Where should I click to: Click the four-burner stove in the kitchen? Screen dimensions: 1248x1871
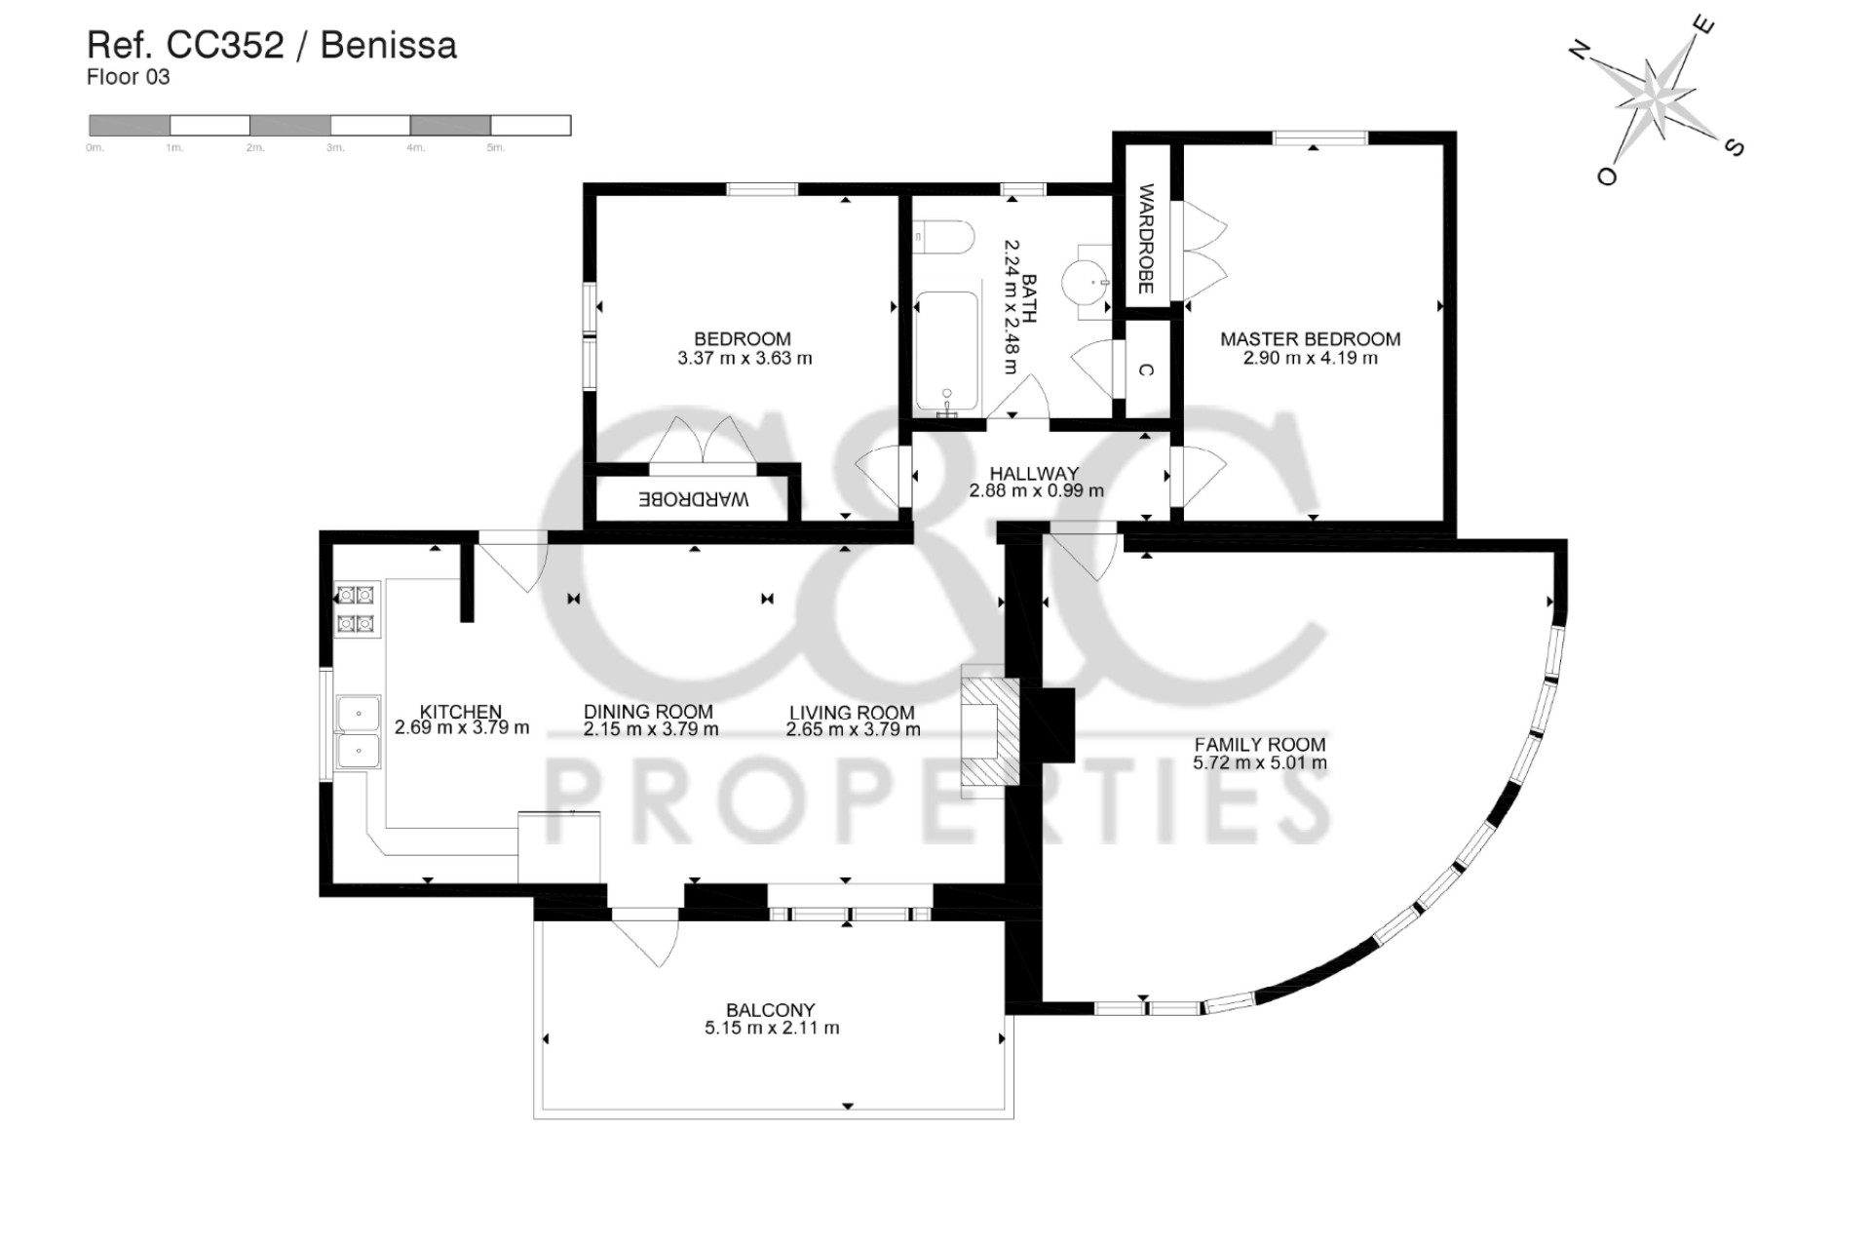click(356, 609)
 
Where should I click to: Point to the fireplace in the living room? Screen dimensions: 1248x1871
click(989, 731)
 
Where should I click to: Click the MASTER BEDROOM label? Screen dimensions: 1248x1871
click(1310, 339)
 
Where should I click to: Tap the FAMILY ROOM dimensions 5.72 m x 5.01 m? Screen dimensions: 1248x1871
click(1259, 763)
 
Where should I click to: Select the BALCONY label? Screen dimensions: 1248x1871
click(770, 1010)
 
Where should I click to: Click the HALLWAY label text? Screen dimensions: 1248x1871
click(1034, 474)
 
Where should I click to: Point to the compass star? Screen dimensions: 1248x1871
click(1657, 97)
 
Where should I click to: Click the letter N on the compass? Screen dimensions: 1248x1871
click(1580, 50)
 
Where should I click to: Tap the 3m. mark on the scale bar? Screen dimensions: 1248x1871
click(335, 148)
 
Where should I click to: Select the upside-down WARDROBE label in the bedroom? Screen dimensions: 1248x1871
click(693, 499)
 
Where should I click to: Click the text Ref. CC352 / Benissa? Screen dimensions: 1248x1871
click(272, 45)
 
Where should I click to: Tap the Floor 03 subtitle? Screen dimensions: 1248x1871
click(128, 77)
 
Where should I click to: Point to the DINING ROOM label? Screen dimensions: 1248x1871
click(648, 712)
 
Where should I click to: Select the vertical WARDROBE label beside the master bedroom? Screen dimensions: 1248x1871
click(1146, 239)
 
